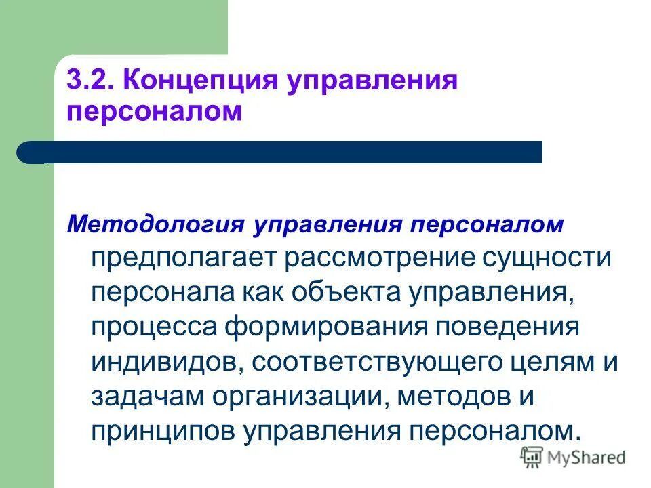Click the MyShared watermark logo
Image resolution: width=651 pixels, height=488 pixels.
coord(573,458)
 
